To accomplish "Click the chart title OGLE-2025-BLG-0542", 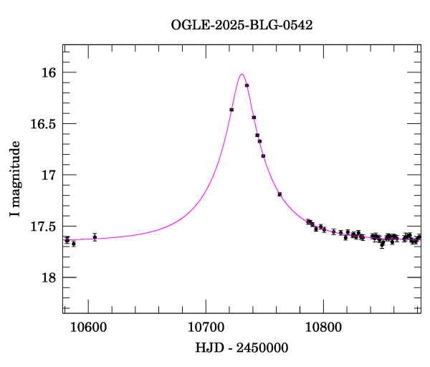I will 242,25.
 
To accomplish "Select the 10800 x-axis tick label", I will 323,328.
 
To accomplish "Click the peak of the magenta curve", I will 242,74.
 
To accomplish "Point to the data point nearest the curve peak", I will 247,85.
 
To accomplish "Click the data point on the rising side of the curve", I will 231,110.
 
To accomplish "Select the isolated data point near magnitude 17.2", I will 279,194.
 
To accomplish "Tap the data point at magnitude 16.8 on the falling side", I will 264,156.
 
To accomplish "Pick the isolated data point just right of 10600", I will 95,237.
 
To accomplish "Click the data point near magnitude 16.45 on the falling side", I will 254,117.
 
